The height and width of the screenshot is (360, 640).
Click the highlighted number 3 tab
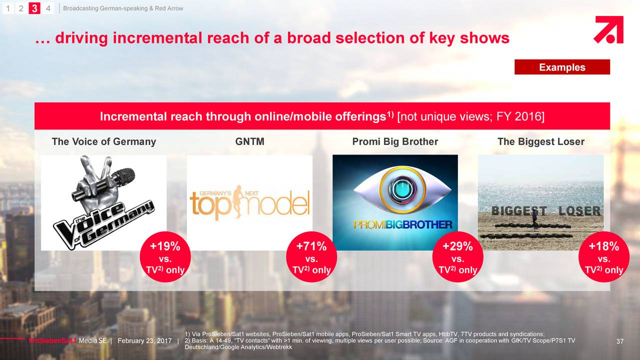(34, 8)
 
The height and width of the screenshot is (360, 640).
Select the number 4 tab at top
(48, 8)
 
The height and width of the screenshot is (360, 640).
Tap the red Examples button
(562, 67)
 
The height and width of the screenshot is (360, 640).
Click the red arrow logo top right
(608, 29)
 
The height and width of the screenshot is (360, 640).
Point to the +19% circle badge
(165, 257)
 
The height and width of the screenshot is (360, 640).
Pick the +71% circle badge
(311, 257)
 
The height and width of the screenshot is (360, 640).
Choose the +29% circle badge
(457, 257)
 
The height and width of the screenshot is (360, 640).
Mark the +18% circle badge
(604, 257)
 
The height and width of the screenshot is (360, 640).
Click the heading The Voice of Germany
(104, 141)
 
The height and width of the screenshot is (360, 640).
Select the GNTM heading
(249, 141)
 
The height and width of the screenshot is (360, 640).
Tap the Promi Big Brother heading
(395, 141)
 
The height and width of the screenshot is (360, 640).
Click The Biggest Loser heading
(541, 141)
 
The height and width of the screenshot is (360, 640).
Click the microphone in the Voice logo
(103, 184)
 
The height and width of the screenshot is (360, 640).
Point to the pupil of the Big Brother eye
(402, 189)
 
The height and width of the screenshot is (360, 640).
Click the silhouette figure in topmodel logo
(237, 201)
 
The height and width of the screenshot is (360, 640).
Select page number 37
(619, 341)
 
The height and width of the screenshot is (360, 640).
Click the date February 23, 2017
(144, 341)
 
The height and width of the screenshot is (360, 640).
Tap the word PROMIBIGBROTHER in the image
(403, 225)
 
